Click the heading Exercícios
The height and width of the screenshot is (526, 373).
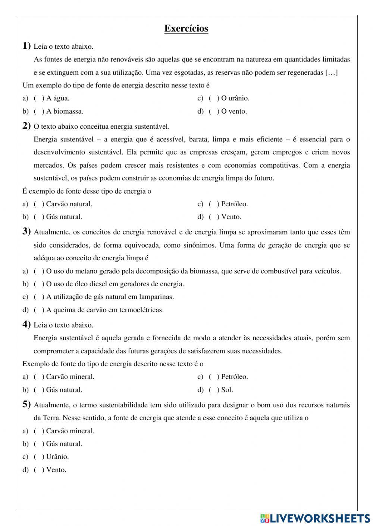pyautogui.click(x=186, y=29)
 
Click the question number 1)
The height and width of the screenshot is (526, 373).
pyautogui.click(x=26, y=46)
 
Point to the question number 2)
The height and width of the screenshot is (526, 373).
pyautogui.click(x=26, y=126)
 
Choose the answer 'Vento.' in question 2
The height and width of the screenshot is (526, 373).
pyautogui.click(x=231, y=217)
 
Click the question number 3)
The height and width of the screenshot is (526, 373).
pyautogui.click(x=26, y=232)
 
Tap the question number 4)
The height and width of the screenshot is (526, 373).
pyautogui.click(x=26, y=325)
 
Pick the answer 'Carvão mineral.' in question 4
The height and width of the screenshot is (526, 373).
pyautogui.click(x=70, y=377)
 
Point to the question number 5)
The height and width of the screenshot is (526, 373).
pyautogui.click(x=26, y=404)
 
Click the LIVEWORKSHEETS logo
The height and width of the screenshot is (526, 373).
pyautogui.click(x=315, y=518)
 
